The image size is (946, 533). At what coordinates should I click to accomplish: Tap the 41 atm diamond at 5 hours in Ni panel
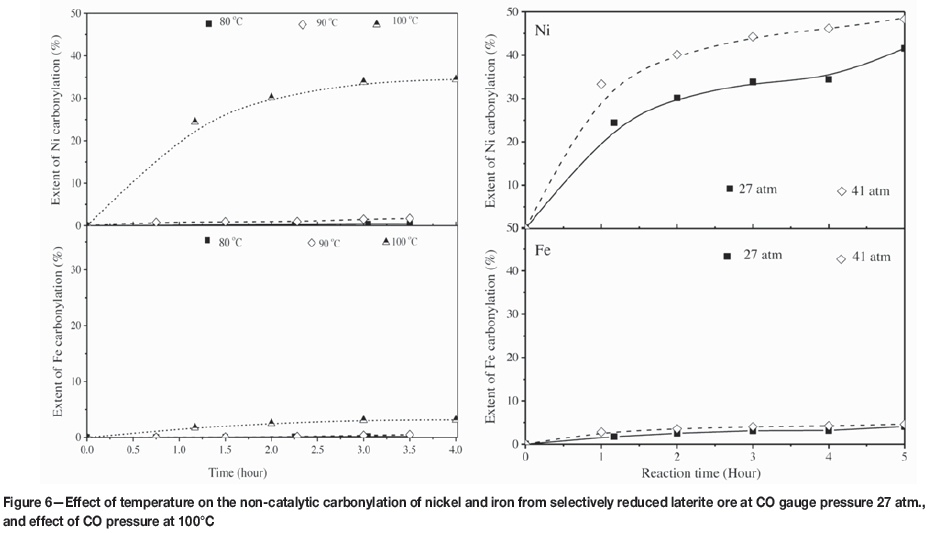tap(904, 19)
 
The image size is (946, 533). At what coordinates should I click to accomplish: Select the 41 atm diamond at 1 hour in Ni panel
tap(601, 84)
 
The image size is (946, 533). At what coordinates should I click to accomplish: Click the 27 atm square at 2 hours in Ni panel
tap(677, 98)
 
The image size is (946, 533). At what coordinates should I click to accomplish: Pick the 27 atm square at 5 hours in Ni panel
tap(904, 48)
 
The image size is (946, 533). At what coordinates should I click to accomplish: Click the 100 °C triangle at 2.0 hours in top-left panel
tap(271, 97)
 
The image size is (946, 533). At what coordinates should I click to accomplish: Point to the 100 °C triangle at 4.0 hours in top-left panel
tap(456, 78)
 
